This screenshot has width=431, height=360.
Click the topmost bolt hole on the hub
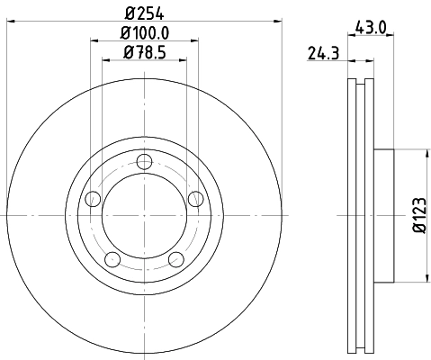pyautogui.click(x=144, y=161)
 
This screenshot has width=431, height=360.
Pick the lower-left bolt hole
pyautogui.click(x=112, y=260)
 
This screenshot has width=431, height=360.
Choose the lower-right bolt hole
pyautogui.click(x=176, y=260)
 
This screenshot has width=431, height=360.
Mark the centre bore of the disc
pyautogui.click(x=144, y=216)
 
